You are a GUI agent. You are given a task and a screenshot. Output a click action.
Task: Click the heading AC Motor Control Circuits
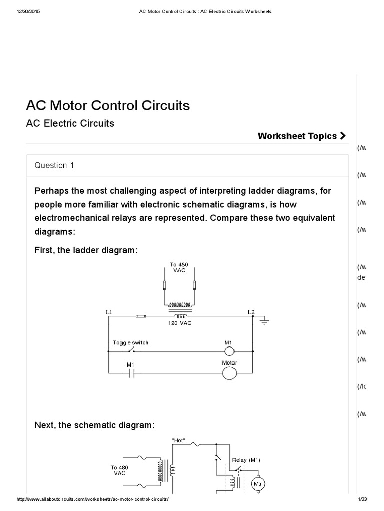(x=108, y=106)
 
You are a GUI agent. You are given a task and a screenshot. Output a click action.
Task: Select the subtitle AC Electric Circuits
(x=70, y=123)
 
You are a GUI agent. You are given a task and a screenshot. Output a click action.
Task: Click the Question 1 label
(x=54, y=165)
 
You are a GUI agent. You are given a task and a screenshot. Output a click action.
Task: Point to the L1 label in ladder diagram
(x=109, y=312)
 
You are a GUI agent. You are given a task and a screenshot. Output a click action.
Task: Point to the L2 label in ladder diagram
(x=251, y=312)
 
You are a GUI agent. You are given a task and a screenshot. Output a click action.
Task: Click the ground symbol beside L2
(x=264, y=320)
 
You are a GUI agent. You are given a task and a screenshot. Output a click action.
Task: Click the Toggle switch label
(x=130, y=343)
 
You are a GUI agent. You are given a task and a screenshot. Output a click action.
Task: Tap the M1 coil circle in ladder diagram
(x=229, y=351)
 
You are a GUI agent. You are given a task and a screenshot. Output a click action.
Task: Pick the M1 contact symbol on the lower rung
(x=131, y=373)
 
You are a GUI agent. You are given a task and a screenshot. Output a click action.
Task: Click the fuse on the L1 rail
(x=141, y=316)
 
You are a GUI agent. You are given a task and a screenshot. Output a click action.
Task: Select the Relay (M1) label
(x=246, y=460)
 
